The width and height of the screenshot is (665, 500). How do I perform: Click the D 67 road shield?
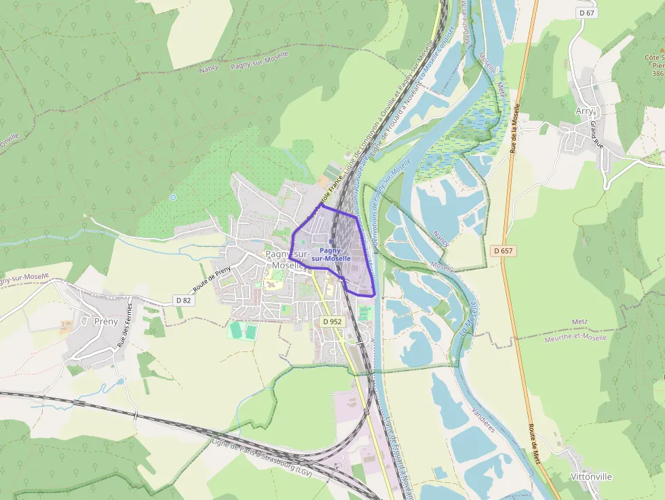pos(588,13)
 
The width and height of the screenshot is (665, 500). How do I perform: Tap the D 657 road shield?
pos(504,251)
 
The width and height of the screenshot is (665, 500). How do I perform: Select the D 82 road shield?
pos(183,300)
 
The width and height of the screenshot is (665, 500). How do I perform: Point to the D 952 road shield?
pos(332,321)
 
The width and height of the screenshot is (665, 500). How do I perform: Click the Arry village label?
pos(584,111)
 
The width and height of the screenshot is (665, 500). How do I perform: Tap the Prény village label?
pos(105,321)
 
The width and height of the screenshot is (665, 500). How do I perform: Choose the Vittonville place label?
pos(591,476)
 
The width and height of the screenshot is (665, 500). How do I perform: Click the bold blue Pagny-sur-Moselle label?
pos(331,254)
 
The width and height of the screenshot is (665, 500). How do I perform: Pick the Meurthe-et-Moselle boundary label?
pos(575,337)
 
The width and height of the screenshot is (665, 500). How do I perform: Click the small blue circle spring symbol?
pos(173,197)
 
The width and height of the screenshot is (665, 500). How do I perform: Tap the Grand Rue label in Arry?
pos(596,135)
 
